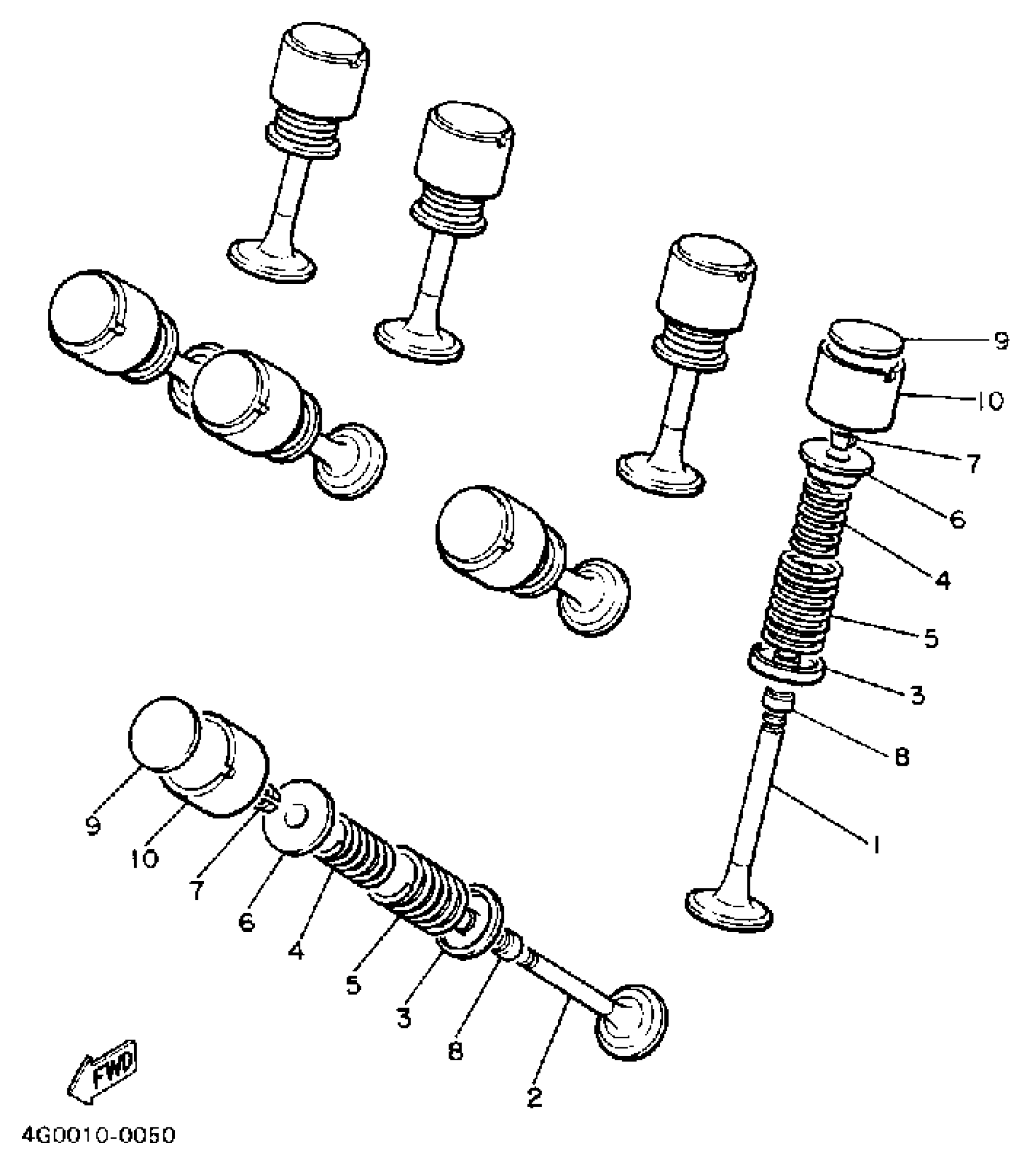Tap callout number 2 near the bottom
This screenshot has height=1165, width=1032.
534,1096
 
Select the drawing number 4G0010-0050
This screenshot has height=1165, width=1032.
98,1135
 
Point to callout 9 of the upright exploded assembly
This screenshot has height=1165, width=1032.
1001,341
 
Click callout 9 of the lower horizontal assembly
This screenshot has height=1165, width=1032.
93,826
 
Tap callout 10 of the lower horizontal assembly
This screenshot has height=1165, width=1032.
144,858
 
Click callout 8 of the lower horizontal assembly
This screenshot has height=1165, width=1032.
455,1050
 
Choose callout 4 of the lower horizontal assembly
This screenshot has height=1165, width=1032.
296,951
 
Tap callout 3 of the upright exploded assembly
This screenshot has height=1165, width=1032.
917,695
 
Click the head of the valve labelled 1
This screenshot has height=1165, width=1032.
728,911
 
